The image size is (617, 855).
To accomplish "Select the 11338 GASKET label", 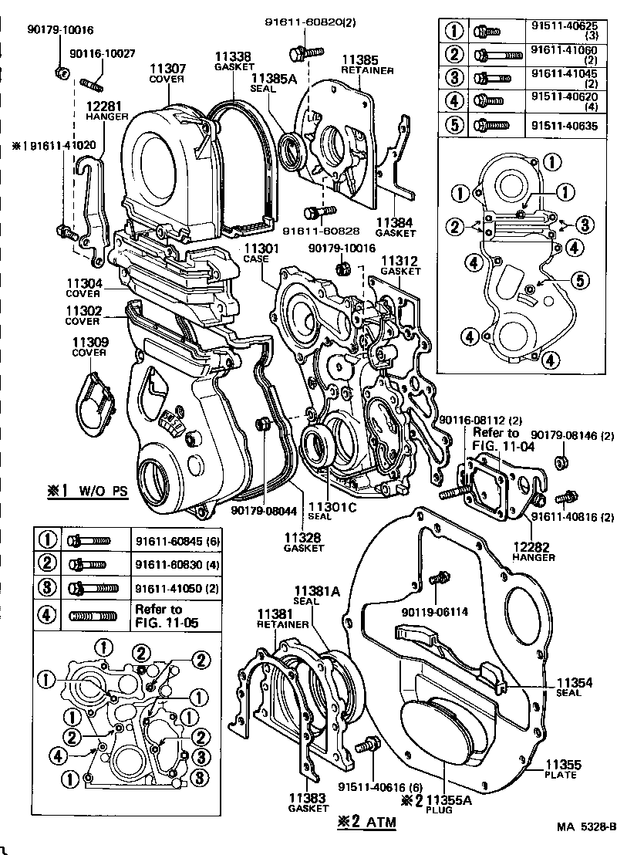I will pos(232,61).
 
